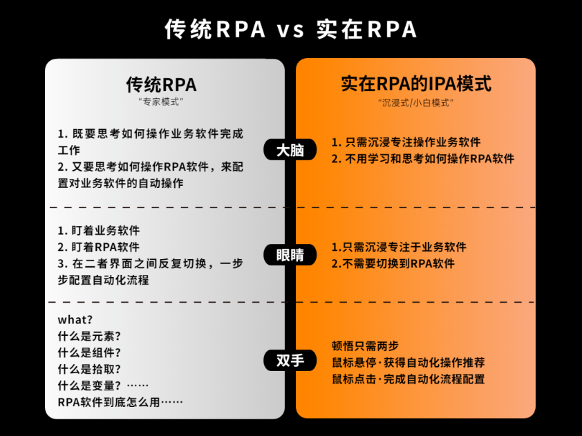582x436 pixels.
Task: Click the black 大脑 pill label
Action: (x=290, y=150)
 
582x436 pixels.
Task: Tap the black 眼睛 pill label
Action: (x=290, y=255)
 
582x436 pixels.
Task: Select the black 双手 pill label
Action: (x=290, y=360)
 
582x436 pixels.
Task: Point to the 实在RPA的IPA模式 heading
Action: (x=416, y=84)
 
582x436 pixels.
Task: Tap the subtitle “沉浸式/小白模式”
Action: (x=416, y=102)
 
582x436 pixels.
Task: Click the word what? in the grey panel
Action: (x=75, y=320)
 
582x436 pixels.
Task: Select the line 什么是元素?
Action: (x=90, y=337)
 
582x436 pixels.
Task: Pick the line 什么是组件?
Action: (x=90, y=353)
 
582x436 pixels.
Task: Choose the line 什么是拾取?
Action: (x=90, y=370)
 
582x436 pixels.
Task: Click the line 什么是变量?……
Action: (x=103, y=386)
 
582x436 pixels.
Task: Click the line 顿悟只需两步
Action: (x=366, y=346)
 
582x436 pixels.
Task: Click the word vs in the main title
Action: (x=291, y=29)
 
